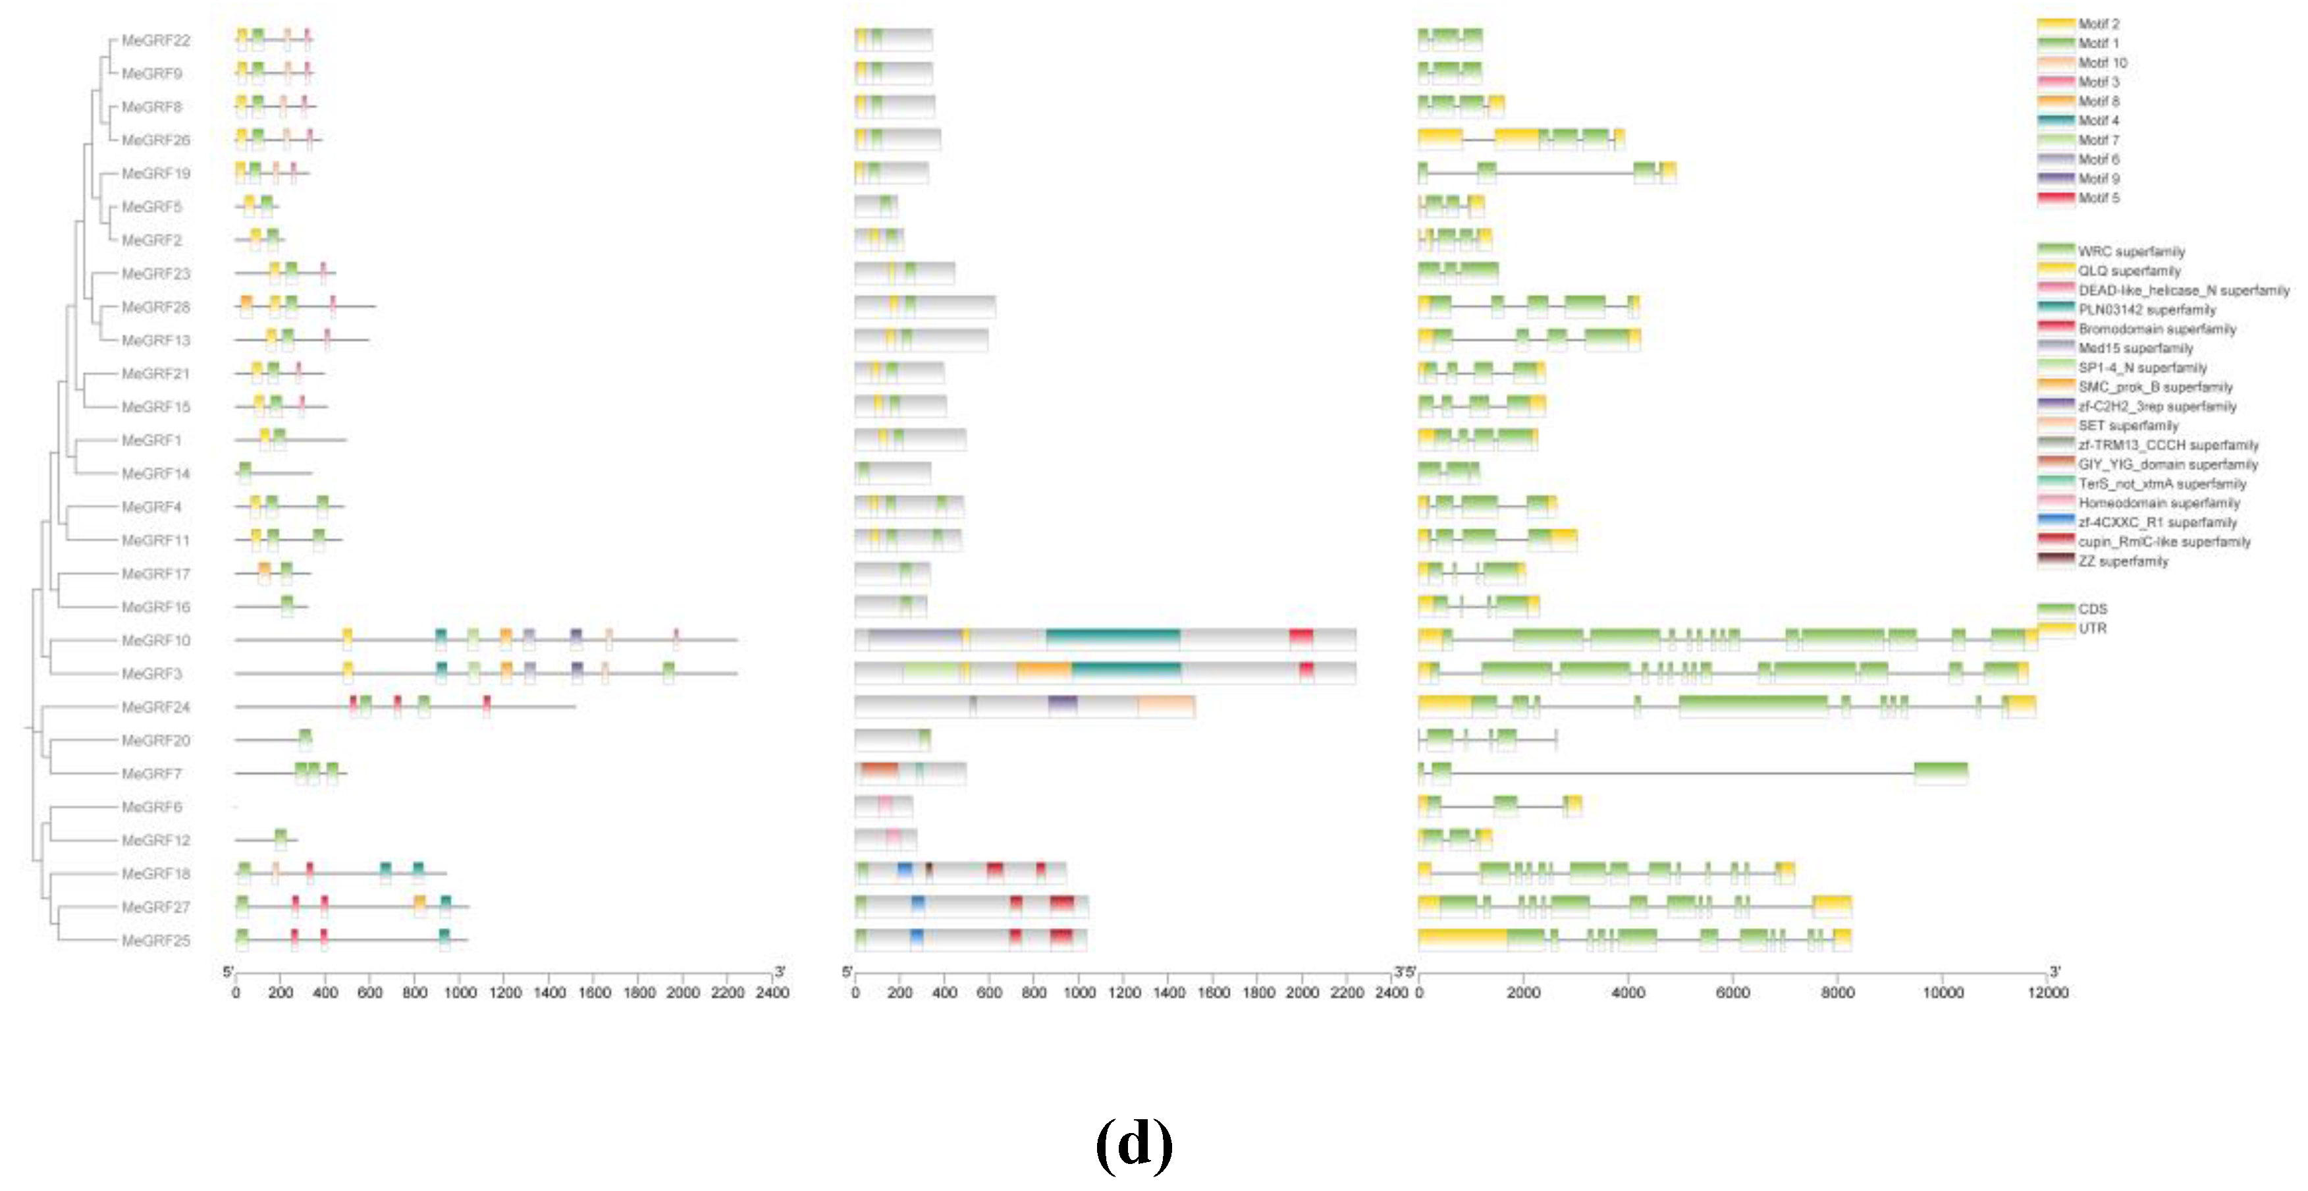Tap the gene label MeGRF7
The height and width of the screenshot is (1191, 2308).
151,773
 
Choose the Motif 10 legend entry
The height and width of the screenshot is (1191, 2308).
2101,63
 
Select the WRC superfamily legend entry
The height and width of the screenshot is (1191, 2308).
2131,251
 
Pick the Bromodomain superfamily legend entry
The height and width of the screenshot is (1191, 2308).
2157,329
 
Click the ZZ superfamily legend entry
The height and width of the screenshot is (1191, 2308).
2122,561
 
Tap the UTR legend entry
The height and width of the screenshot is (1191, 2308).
2092,628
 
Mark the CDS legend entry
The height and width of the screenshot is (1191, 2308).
2092,609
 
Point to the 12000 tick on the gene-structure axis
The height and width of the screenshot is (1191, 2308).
2048,992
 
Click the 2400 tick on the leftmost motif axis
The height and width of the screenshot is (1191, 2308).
772,992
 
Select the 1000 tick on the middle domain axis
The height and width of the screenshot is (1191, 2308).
1079,992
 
